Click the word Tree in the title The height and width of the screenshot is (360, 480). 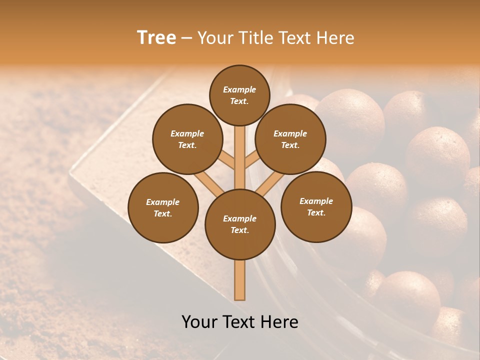point(156,38)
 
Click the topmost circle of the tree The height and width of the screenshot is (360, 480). point(239,95)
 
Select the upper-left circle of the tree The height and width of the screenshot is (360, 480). point(187,139)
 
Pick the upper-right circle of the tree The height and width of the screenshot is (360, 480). point(290,139)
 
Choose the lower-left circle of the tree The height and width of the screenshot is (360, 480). point(163,207)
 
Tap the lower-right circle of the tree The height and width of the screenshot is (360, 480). point(316,206)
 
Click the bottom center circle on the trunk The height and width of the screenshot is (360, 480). point(240,224)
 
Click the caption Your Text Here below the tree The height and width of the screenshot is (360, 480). point(240,322)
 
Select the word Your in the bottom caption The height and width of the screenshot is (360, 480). point(199,322)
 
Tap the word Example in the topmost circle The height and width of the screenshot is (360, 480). point(239,89)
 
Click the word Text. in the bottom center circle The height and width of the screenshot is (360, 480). point(239,230)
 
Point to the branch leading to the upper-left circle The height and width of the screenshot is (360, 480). point(226,160)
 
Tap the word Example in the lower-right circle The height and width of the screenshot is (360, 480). point(316,201)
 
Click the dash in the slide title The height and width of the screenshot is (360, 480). point(186,38)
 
